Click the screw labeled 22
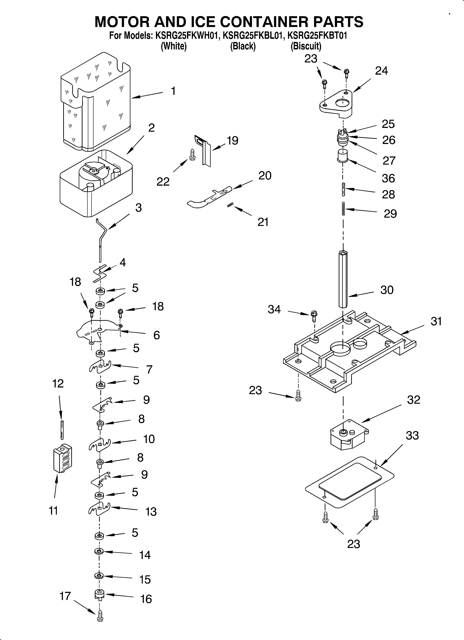pyautogui.click(x=192, y=155)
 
